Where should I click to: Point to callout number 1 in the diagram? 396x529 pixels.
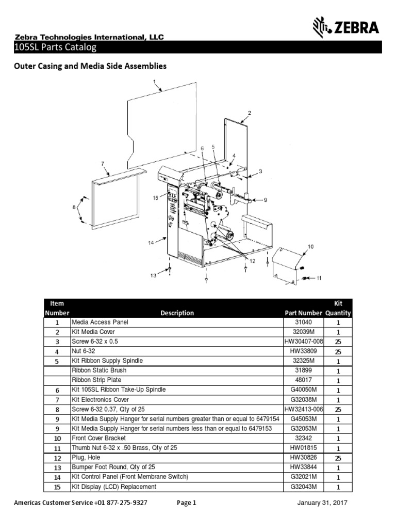point(154,81)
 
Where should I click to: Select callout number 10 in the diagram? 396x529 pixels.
point(310,246)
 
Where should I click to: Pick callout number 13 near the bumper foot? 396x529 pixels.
point(153,275)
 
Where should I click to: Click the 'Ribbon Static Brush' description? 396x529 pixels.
point(99,370)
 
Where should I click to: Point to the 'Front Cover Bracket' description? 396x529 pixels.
point(98,438)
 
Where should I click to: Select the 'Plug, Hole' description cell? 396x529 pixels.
point(86,458)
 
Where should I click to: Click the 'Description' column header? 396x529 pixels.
point(177,313)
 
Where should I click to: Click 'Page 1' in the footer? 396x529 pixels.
point(187,503)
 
